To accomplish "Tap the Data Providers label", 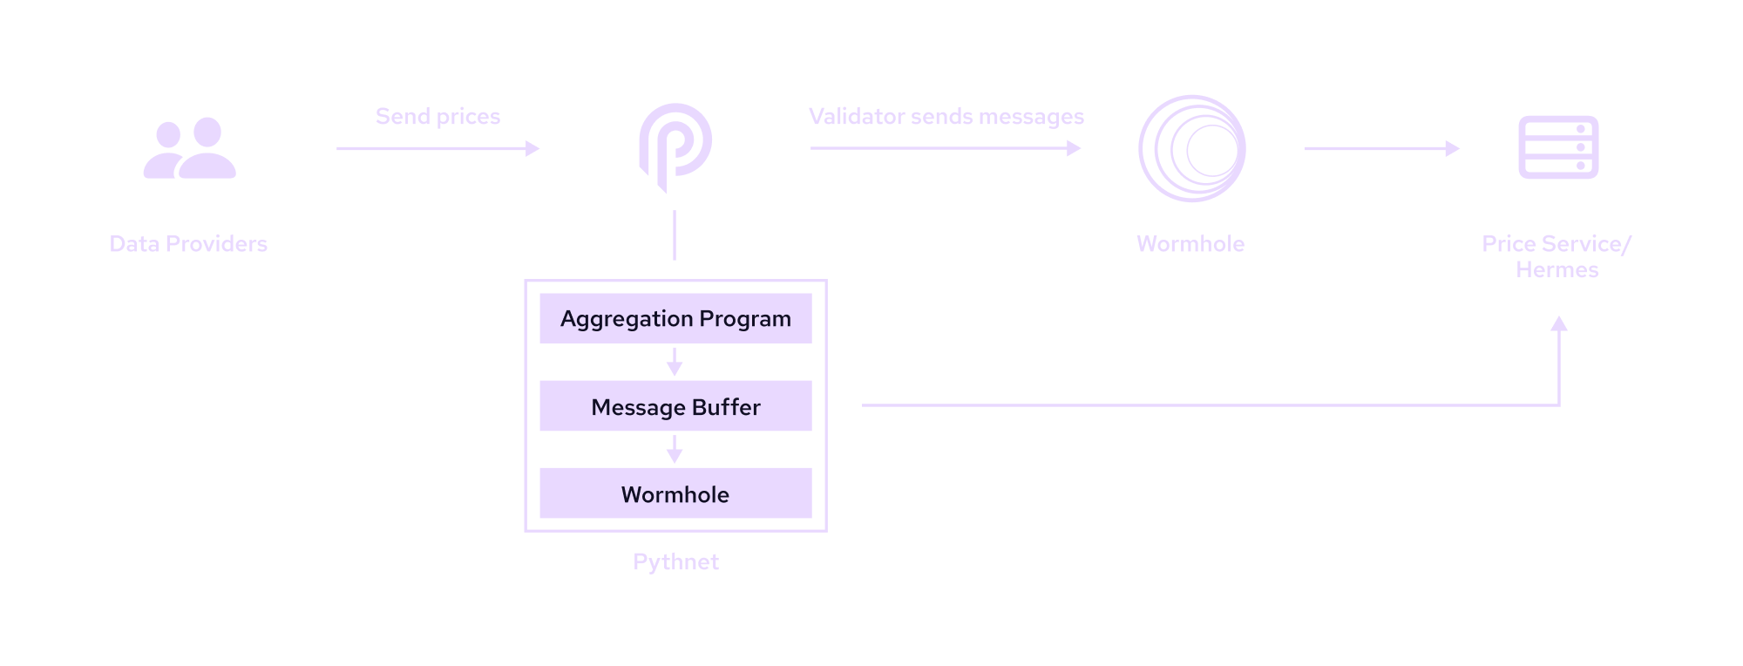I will click(188, 244).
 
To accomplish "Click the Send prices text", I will click(437, 117).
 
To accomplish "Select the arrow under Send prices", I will click(437, 149).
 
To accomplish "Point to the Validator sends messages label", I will click(946, 117).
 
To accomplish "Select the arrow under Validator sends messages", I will click(946, 149).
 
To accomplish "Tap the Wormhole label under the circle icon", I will click(1190, 244).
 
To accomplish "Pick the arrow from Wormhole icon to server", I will click(1381, 149).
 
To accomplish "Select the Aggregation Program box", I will click(675, 318).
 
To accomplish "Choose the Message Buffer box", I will click(675, 406).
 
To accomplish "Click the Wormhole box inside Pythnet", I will click(675, 493).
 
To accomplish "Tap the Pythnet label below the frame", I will click(675, 562).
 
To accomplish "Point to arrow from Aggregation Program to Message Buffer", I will click(674, 362).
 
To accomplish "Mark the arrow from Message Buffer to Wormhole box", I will click(674, 450).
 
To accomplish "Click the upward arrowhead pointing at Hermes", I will click(1559, 324).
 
